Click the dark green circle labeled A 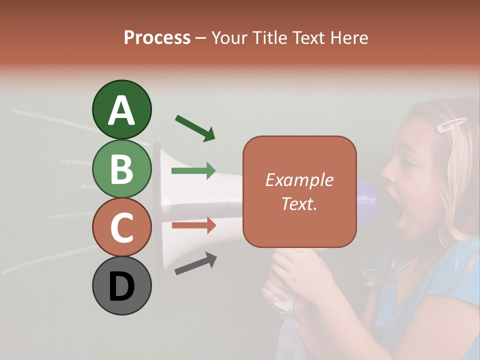[x=121, y=109]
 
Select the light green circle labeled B [x=121, y=168]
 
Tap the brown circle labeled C [x=121, y=227]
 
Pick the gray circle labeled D [x=121, y=285]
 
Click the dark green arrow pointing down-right [x=195, y=127]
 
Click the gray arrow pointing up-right [x=195, y=263]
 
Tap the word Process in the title [x=157, y=37]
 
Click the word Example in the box [x=299, y=180]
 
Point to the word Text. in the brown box [x=299, y=203]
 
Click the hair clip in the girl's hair [x=451, y=124]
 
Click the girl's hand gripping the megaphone [x=300, y=270]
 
